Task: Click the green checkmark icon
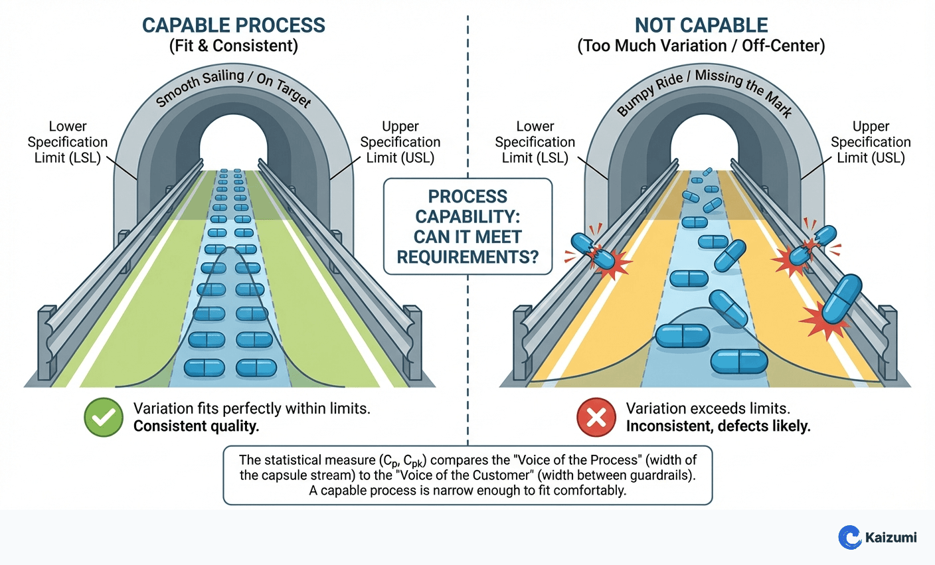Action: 104,418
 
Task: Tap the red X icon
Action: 596,418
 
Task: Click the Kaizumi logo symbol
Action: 849,536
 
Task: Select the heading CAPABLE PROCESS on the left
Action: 234,25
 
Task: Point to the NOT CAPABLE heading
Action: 701,25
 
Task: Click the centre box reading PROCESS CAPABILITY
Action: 467,226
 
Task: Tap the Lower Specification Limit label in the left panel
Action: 67,142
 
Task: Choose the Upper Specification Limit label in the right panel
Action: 871,142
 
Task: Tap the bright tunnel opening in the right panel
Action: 704,142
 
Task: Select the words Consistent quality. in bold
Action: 196,426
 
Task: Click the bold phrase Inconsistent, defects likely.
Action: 718,426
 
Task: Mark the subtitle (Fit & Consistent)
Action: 234,46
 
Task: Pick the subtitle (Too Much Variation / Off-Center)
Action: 701,46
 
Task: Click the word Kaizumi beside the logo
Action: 891,537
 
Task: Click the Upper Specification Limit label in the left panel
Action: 400,142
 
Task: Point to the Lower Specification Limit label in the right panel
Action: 535,142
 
